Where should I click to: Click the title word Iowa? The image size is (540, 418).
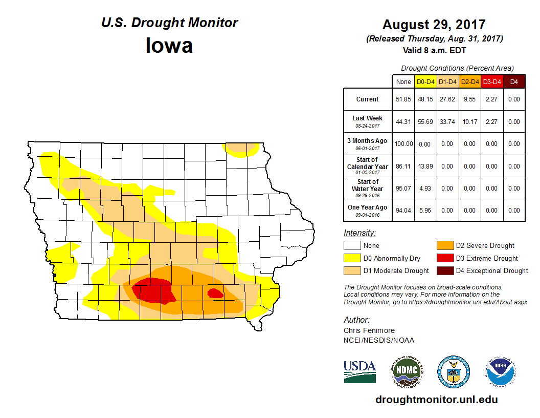(x=169, y=46)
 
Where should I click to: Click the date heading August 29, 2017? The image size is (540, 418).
(x=434, y=25)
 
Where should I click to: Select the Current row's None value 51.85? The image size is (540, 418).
(x=403, y=99)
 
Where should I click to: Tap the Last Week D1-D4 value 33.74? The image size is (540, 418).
(x=447, y=122)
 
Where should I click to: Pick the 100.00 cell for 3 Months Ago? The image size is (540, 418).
(x=403, y=144)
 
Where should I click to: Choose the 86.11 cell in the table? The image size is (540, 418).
(x=403, y=166)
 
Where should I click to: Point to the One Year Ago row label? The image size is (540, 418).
(x=368, y=210)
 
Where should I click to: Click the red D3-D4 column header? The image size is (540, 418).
(x=491, y=81)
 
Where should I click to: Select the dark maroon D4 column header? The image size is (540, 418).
(x=514, y=81)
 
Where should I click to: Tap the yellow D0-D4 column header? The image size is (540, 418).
(x=425, y=81)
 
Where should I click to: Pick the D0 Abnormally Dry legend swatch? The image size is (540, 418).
(x=351, y=258)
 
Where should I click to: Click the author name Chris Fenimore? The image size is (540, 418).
(x=369, y=330)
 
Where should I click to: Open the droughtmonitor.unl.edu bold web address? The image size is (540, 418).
(x=436, y=400)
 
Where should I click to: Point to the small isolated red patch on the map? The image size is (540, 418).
(x=215, y=293)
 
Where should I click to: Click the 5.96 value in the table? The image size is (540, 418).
(x=425, y=210)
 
